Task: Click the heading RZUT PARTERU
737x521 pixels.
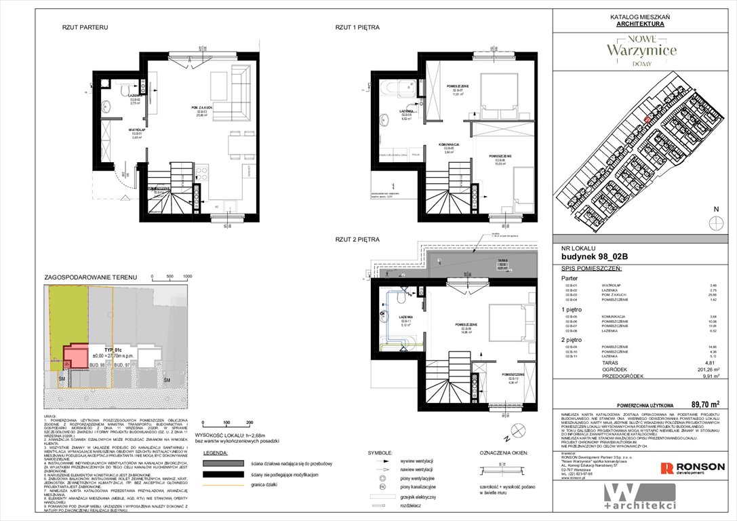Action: pos(85,28)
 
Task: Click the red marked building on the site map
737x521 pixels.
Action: pos(647,120)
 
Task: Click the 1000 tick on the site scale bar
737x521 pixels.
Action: pos(188,277)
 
